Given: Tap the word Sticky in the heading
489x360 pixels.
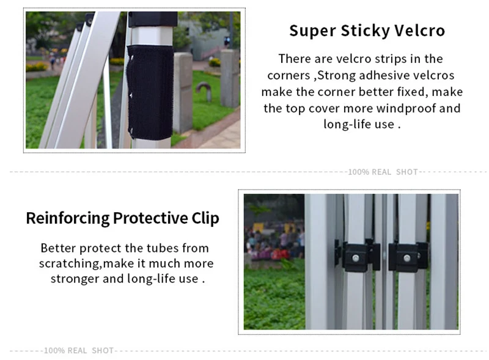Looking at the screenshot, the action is [365, 31].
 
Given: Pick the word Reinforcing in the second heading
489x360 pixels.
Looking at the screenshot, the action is [68, 218].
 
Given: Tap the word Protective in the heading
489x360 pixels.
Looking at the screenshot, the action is [150, 218].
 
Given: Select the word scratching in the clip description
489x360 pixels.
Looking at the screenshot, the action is [70, 264].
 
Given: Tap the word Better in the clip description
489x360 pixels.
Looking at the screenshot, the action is [58, 248].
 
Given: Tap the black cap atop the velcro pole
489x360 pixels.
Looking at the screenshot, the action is [153, 20].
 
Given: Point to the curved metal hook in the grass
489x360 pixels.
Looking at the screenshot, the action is [204, 91].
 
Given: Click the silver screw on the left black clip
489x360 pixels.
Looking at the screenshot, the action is [355, 258].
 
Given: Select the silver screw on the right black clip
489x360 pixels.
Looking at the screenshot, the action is [406, 258].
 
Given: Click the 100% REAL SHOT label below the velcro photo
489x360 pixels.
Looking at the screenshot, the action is [383, 172].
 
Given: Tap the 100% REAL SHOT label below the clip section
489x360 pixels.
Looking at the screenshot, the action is [79, 351].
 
